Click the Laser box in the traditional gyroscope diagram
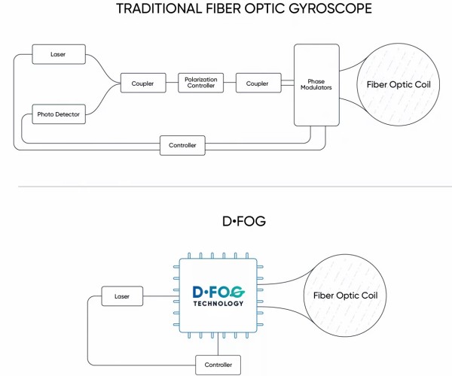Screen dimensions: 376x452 58,54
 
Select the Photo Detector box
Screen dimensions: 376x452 58,115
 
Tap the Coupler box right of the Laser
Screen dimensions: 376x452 142,84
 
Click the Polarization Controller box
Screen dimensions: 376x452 200,83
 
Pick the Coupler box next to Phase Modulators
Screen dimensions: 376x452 257,84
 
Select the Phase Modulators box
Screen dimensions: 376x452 315,84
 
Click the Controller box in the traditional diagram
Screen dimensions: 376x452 182,144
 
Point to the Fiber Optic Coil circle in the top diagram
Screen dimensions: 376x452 397,84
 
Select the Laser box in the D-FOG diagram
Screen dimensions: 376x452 122,296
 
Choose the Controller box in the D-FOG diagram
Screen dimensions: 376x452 218,365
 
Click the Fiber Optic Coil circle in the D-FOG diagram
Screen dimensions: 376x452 344,296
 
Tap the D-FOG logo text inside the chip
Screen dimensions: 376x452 218,292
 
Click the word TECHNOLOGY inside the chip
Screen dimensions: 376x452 218,304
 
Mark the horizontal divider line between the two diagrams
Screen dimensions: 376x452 226,186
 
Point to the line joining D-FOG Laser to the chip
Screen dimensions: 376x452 162,296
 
